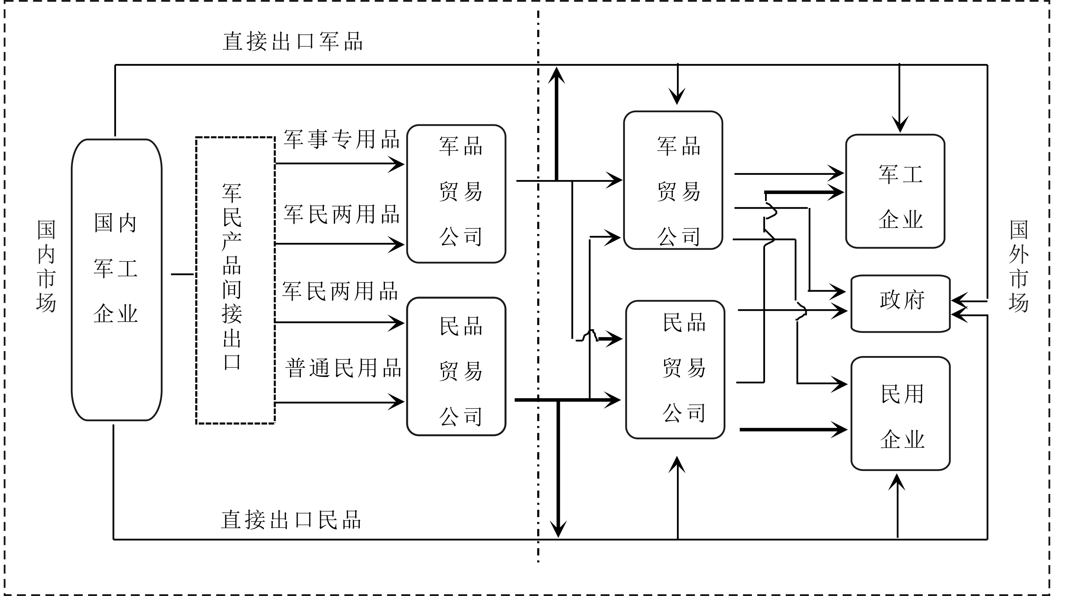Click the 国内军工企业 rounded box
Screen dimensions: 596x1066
pos(117,280)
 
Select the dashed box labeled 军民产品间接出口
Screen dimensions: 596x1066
pos(235,280)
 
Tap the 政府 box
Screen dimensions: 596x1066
pos(900,303)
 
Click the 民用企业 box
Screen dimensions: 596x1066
pos(900,413)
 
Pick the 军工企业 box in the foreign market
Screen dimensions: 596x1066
pos(895,191)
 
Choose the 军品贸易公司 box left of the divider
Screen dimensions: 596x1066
pos(456,194)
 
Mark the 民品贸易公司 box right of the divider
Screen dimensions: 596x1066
pos(675,369)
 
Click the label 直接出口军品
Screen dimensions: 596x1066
pos(293,42)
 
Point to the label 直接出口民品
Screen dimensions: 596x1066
pos(291,520)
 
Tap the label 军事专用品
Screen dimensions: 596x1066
pos(341,139)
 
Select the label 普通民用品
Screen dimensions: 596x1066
pos(343,368)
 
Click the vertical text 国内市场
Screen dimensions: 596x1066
pos(46,266)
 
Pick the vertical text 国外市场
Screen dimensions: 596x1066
pos(1019,266)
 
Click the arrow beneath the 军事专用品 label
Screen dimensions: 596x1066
pos(339,164)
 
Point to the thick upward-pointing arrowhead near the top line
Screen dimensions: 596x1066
pos(557,76)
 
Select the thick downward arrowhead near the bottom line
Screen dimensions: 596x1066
pos(558,528)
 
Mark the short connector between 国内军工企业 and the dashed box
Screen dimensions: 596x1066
pos(182,274)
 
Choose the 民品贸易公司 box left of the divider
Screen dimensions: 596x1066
pos(456,366)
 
